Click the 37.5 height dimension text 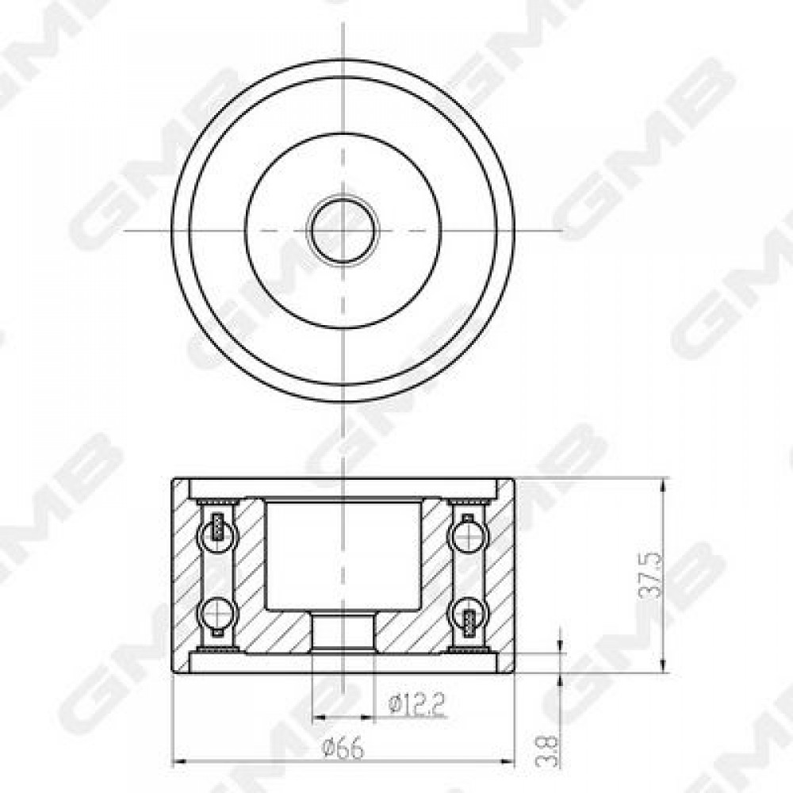651,575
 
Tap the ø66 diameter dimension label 343,749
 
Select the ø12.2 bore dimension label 417,704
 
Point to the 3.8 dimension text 548,750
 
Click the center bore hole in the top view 343,230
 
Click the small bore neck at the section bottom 343,631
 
